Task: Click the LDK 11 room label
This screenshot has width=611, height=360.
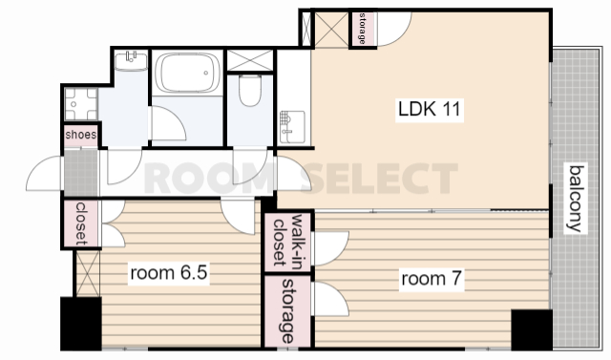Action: pos(430,109)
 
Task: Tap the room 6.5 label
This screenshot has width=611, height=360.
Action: pos(168,272)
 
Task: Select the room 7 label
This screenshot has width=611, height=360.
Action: pos(432,279)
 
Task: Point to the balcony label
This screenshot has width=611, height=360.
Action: pos(577,199)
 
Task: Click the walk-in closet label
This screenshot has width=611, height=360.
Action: pos(288,242)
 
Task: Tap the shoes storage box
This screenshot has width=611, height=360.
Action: pos(81,135)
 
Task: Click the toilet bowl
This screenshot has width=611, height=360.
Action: pos(250,91)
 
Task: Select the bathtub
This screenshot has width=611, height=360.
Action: pos(187,73)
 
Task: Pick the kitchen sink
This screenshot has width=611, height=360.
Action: pos(292,127)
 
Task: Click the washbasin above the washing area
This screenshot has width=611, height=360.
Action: pos(132,61)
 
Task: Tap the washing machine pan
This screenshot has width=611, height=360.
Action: pos(80,104)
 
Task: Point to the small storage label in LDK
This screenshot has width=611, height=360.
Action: pos(363,29)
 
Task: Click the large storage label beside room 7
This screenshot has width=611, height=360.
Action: pos(288,311)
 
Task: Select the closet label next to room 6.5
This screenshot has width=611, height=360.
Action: pos(81,223)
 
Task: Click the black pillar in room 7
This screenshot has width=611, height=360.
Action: pos(532,329)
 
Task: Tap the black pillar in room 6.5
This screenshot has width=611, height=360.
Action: pos(81,324)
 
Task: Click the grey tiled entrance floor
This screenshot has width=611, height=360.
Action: pos(80,173)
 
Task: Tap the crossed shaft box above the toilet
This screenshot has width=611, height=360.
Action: pos(250,60)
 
